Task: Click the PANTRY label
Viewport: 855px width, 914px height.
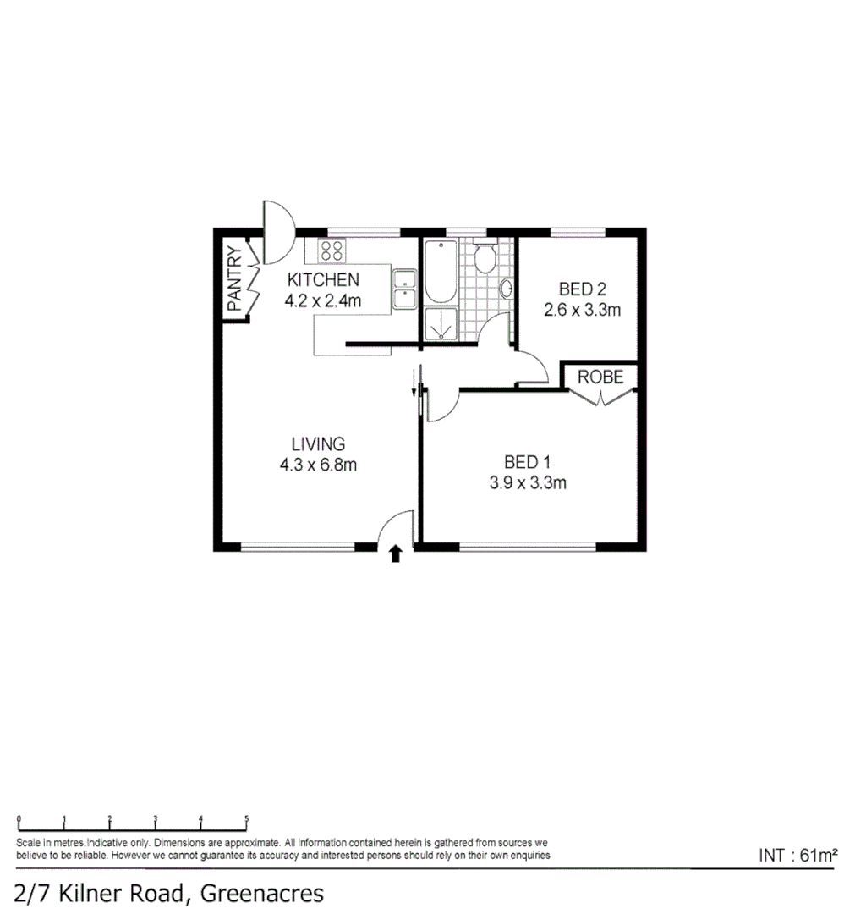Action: pos(233,278)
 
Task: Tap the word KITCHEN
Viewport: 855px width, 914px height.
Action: pos(323,280)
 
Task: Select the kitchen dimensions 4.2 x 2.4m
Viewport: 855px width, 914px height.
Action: pos(323,300)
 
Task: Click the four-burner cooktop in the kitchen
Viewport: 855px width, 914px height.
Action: pos(331,251)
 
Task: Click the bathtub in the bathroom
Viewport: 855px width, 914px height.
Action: pos(440,272)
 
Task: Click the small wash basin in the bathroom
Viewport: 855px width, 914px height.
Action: pos(506,289)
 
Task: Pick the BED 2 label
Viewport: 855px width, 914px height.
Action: pos(582,290)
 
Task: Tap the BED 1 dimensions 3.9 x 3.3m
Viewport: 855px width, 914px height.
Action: pos(527,483)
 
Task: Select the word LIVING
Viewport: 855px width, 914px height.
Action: pos(318,443)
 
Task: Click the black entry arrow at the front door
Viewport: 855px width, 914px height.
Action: pos(394,554)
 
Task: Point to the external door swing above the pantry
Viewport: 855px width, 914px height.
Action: pos(278,230)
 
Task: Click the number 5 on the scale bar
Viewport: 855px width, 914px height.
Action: pos(246,818)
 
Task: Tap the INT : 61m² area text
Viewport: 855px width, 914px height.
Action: pos(797,856)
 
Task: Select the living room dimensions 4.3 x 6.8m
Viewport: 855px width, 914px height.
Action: pos(318,464)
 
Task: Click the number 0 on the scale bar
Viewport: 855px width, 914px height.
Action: pos(18,818)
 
